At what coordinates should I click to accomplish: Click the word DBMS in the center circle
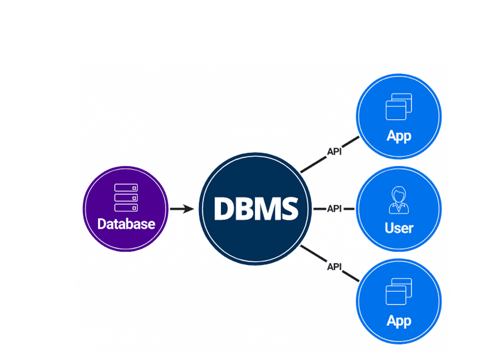pyautogui.click(x=256, y=208)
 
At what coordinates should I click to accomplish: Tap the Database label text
pyautogui.click(x=126, y=223)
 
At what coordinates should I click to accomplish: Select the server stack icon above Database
pyautogui.click(x=126, y=197)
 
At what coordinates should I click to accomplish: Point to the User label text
pyautogui.click(x=399, y=228)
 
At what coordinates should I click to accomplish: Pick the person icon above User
pyautogui.click(x=399, y=200)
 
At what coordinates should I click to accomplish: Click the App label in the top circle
pyautogui.click(x=399, y=136)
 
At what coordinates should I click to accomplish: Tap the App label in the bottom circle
pyautogui.click(x=399, y=321)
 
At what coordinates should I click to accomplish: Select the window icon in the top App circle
pyautogui.click(x=399, y=107)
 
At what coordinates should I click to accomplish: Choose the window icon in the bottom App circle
pyautogui.click(x=399, y=292)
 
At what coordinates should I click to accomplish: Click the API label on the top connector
pyautogui.click(x=334, y=151)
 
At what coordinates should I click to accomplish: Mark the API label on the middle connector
pyautogui.click(x=334, y=208)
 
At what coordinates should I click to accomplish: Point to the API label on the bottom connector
pyautogui.click(x=334, y=267)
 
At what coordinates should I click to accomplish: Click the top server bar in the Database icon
pyautogui.click(x=126, y=188)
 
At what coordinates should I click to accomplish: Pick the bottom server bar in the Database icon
pyautogui.click(x=126, y=207)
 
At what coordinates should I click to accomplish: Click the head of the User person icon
pyautogui.click(x=399, y=194)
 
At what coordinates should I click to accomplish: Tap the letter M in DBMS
pyautogui.click(x=266, y=208)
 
